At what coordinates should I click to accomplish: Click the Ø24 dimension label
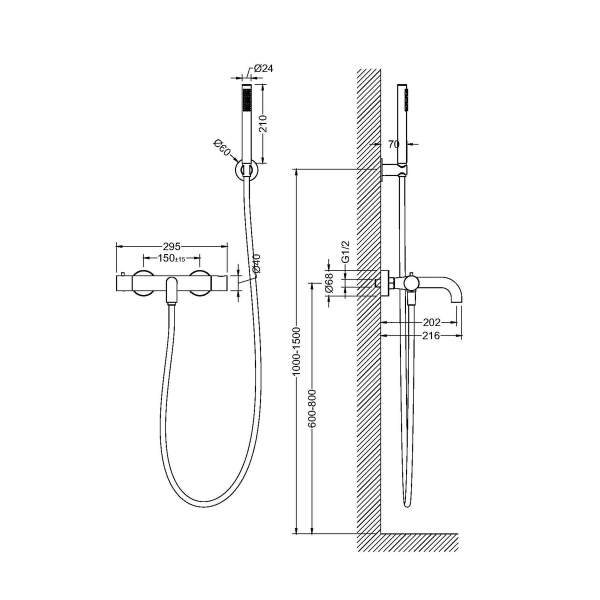point(263,68)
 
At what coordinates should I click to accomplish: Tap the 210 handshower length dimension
point(263,123)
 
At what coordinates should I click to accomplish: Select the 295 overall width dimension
point(172,246)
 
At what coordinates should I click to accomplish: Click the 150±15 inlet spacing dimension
point(171,258)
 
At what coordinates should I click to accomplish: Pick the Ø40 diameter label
point(256,263)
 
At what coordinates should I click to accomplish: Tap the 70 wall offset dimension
point(394,144)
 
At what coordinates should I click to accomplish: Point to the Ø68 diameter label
point(329,282)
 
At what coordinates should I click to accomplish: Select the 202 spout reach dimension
point(431,322)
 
